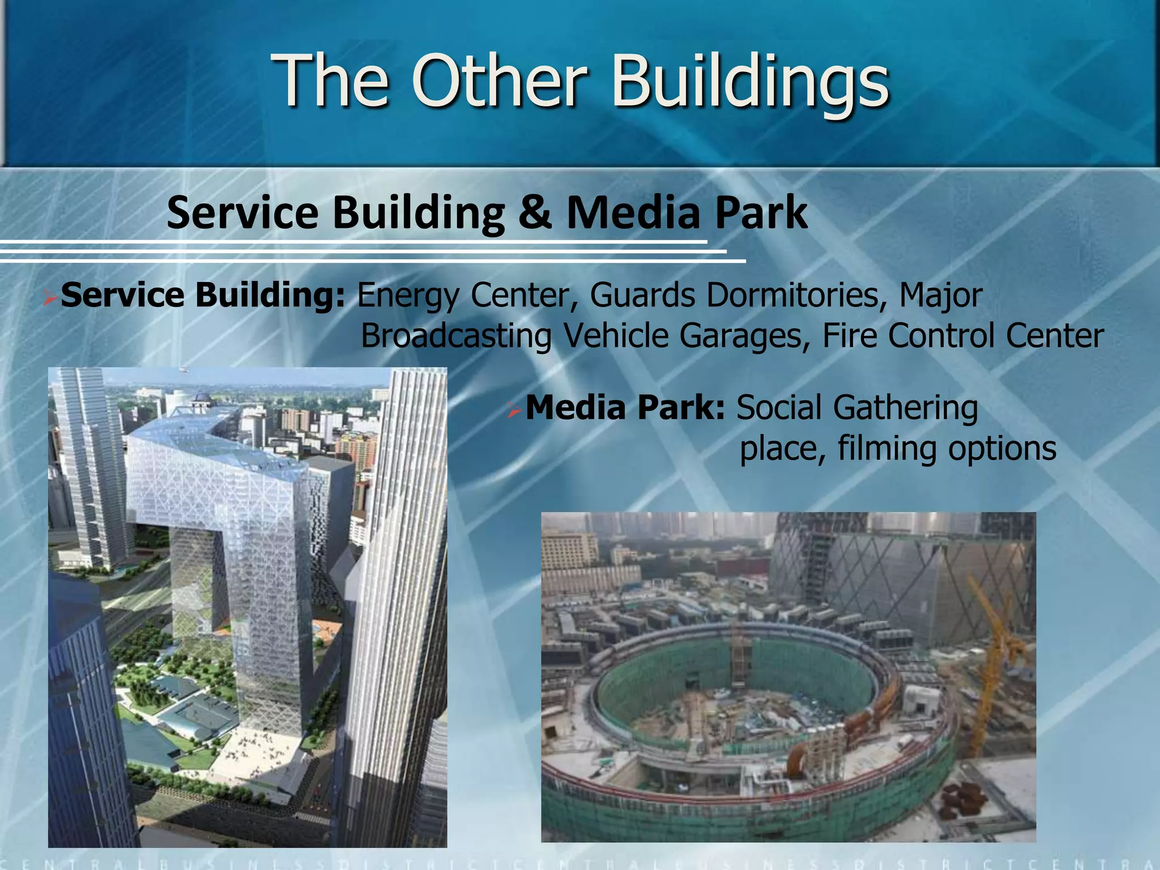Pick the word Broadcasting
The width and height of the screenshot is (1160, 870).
point(456,335)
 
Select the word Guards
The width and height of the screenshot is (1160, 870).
point(642,295)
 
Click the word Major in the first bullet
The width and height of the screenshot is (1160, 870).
point(940,296)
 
